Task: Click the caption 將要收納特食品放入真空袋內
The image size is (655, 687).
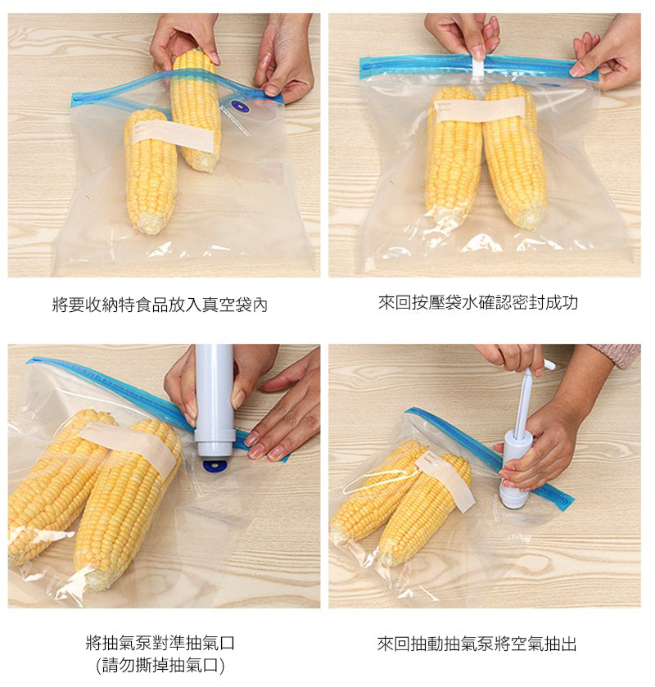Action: [160, 305]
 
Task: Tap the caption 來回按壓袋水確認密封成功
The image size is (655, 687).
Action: [478, 302]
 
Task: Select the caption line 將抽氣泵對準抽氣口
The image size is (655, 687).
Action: [160, 643]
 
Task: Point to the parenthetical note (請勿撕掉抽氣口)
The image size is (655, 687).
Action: [160, 666]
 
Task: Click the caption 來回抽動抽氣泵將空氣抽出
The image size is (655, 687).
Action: [477, 644]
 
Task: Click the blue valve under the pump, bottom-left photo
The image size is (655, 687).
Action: [215, 466]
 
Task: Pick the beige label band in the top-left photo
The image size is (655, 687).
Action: [172, 135]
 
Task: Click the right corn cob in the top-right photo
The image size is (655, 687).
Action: [515, 156]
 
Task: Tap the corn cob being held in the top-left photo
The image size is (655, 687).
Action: [196, 110]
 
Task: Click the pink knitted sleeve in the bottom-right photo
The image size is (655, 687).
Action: [619, 355]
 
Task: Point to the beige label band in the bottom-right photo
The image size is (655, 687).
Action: [445, 480]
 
